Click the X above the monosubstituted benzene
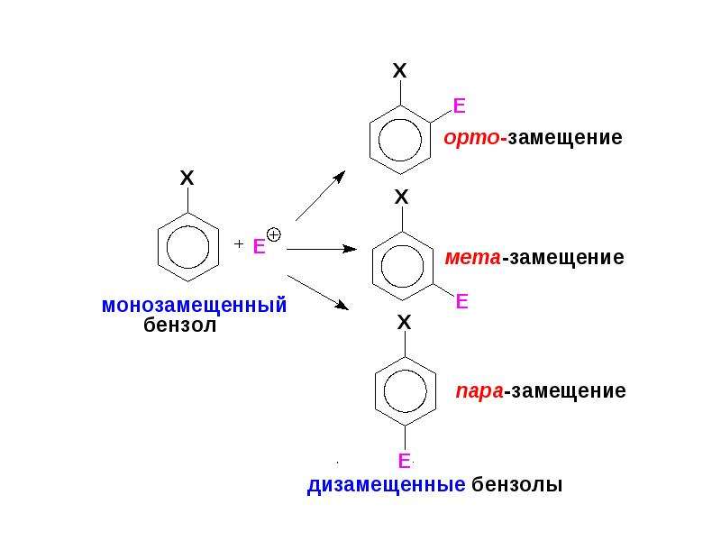187,178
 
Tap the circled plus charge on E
274,235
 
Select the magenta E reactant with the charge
260,246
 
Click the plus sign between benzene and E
238,243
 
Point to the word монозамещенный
194,306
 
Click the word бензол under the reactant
179,325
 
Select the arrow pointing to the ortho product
321,196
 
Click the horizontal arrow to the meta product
322,249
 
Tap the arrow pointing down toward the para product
318,292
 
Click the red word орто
471,138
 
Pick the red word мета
472,257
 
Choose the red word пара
479,390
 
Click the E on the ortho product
460,105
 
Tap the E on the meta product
461,301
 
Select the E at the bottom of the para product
404,461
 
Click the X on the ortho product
400,70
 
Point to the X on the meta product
401,197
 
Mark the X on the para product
404,322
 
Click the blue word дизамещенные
387,485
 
